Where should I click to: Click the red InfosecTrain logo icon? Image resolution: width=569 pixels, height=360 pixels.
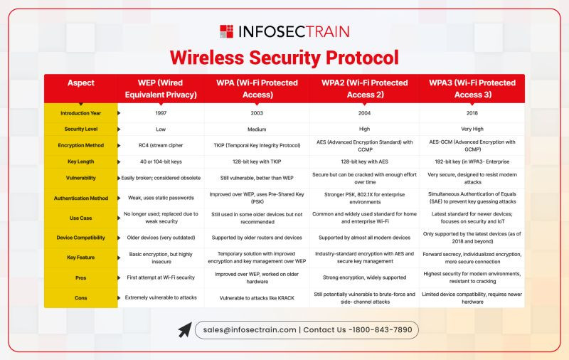[226, 31]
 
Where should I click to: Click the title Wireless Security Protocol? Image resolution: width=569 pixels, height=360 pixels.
[284, 58]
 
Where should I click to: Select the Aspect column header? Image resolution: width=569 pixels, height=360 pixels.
[81, 83]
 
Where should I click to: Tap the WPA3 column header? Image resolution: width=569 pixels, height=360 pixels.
[472, 88]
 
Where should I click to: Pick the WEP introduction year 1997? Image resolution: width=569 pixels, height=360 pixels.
[161, 113]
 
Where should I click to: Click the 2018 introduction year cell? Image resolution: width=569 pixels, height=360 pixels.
[472, 113]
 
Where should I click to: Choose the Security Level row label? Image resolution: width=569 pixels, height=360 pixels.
[81, 129]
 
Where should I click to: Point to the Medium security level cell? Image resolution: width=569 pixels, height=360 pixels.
[257, 129]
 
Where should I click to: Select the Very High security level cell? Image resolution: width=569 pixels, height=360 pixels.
[472, 129]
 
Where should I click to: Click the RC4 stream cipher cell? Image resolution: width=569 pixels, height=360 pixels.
[161, 145]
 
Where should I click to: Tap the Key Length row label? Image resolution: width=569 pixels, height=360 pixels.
[81, 162]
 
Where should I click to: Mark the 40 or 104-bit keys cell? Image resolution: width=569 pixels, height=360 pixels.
[161, 162]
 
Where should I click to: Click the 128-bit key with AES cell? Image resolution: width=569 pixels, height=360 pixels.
[364, 162]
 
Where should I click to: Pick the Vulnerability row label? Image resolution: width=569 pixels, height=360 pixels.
[81, 178]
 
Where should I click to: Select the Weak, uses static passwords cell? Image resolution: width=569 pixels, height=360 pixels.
[161, 198]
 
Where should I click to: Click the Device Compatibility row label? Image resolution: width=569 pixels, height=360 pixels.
[81, 238]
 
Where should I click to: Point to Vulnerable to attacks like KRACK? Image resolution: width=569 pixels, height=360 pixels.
[257, 298]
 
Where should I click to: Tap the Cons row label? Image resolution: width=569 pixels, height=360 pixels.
[81, 298]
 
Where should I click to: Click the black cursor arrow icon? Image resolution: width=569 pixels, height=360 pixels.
[185, 330]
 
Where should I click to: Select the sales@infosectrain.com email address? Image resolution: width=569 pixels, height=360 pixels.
[250, 330]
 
